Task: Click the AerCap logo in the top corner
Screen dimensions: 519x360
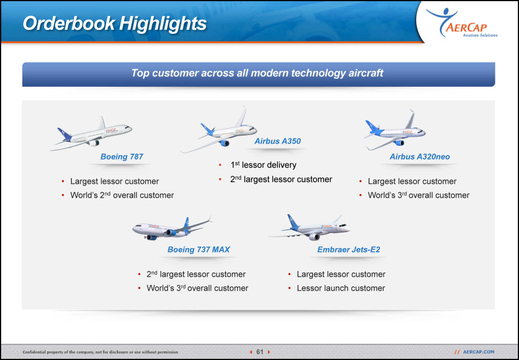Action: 462,22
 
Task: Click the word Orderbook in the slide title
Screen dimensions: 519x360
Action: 69,24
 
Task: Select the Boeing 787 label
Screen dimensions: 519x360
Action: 122,157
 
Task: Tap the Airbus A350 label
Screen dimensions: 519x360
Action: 277,141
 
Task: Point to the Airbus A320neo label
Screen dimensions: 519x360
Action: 420,157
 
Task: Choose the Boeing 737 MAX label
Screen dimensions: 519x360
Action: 199,250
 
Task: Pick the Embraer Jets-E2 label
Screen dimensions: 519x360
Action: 348,250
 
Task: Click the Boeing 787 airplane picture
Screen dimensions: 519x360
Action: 91,133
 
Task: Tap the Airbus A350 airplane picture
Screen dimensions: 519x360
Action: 219,130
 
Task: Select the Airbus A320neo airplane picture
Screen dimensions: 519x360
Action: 394,130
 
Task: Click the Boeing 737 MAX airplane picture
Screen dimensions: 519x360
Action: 172,229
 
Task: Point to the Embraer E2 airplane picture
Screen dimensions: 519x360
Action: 309,227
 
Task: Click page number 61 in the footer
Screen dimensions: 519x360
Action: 260,352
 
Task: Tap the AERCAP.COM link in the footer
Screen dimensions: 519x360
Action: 478,352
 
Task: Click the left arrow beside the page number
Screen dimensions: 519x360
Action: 251,352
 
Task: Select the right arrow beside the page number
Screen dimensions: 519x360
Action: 269,352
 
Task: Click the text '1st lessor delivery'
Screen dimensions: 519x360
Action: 263,165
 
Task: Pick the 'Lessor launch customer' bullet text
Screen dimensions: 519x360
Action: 341,288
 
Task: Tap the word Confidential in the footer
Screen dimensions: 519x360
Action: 34,352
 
